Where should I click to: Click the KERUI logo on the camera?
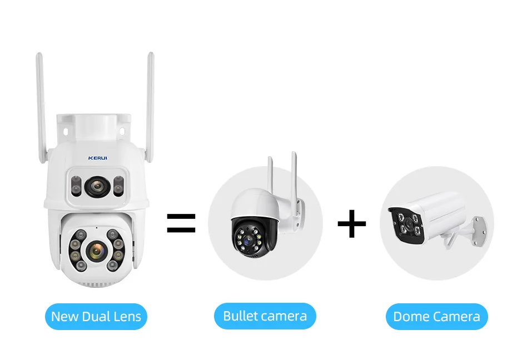98,158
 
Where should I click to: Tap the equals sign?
181,223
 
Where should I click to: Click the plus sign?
351,224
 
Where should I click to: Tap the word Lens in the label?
128,317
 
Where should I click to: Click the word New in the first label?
64,317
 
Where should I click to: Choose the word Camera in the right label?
456,317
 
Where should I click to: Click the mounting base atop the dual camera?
96,128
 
